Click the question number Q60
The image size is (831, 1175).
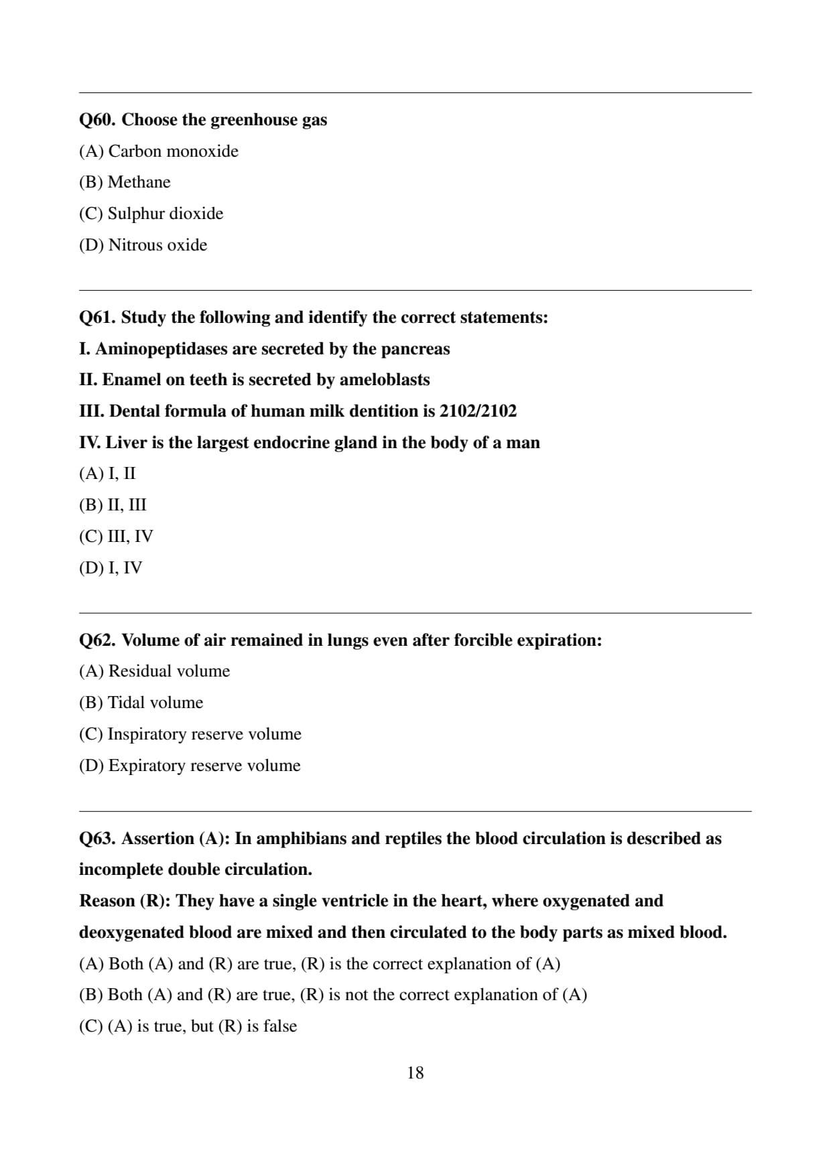click(97, 120)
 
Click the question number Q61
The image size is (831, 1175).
click(97, 318)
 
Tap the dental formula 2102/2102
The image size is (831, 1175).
click(478, 411)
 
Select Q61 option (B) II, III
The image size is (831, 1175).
click(113, 505)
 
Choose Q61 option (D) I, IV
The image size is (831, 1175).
click(111, 568)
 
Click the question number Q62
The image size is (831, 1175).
click(97, 640)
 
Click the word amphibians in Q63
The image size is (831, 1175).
click(300, 839)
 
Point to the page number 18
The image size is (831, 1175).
click(415, 1073)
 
